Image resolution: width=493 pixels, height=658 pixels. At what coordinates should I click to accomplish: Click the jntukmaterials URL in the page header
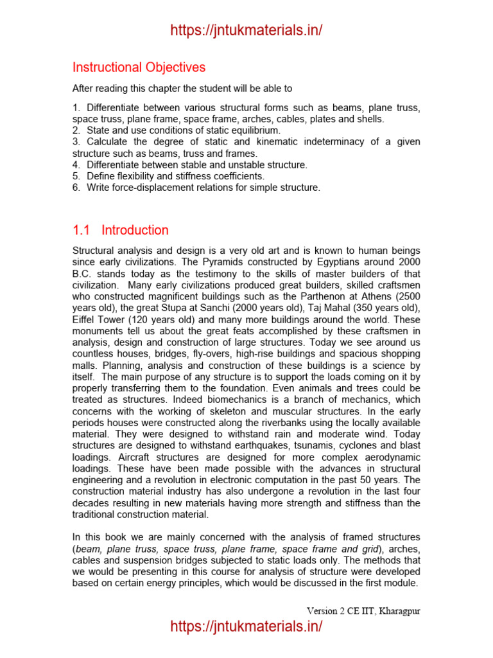[246, 30]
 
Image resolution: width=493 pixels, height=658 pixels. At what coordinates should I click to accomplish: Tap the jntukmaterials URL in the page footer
[246, 627]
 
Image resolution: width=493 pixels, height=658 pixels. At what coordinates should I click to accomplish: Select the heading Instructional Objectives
[139, 67]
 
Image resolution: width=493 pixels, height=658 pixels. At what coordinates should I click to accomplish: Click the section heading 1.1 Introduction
[121, 230]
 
